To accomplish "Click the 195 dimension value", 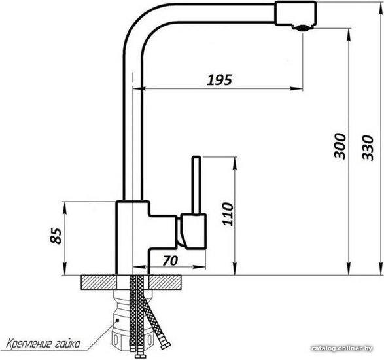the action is tap(219, 80).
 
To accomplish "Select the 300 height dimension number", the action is tap(340, 147).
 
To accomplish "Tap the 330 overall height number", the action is tap(368, 147).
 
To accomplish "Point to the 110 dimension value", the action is tap(228, 214).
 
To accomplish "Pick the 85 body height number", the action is tap(56, 236).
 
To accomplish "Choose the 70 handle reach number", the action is tap(170, 261).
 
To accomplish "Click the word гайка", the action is tap(66, 344).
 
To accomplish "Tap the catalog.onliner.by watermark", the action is tap(342, 348).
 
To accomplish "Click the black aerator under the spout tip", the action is tap(302, 28).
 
